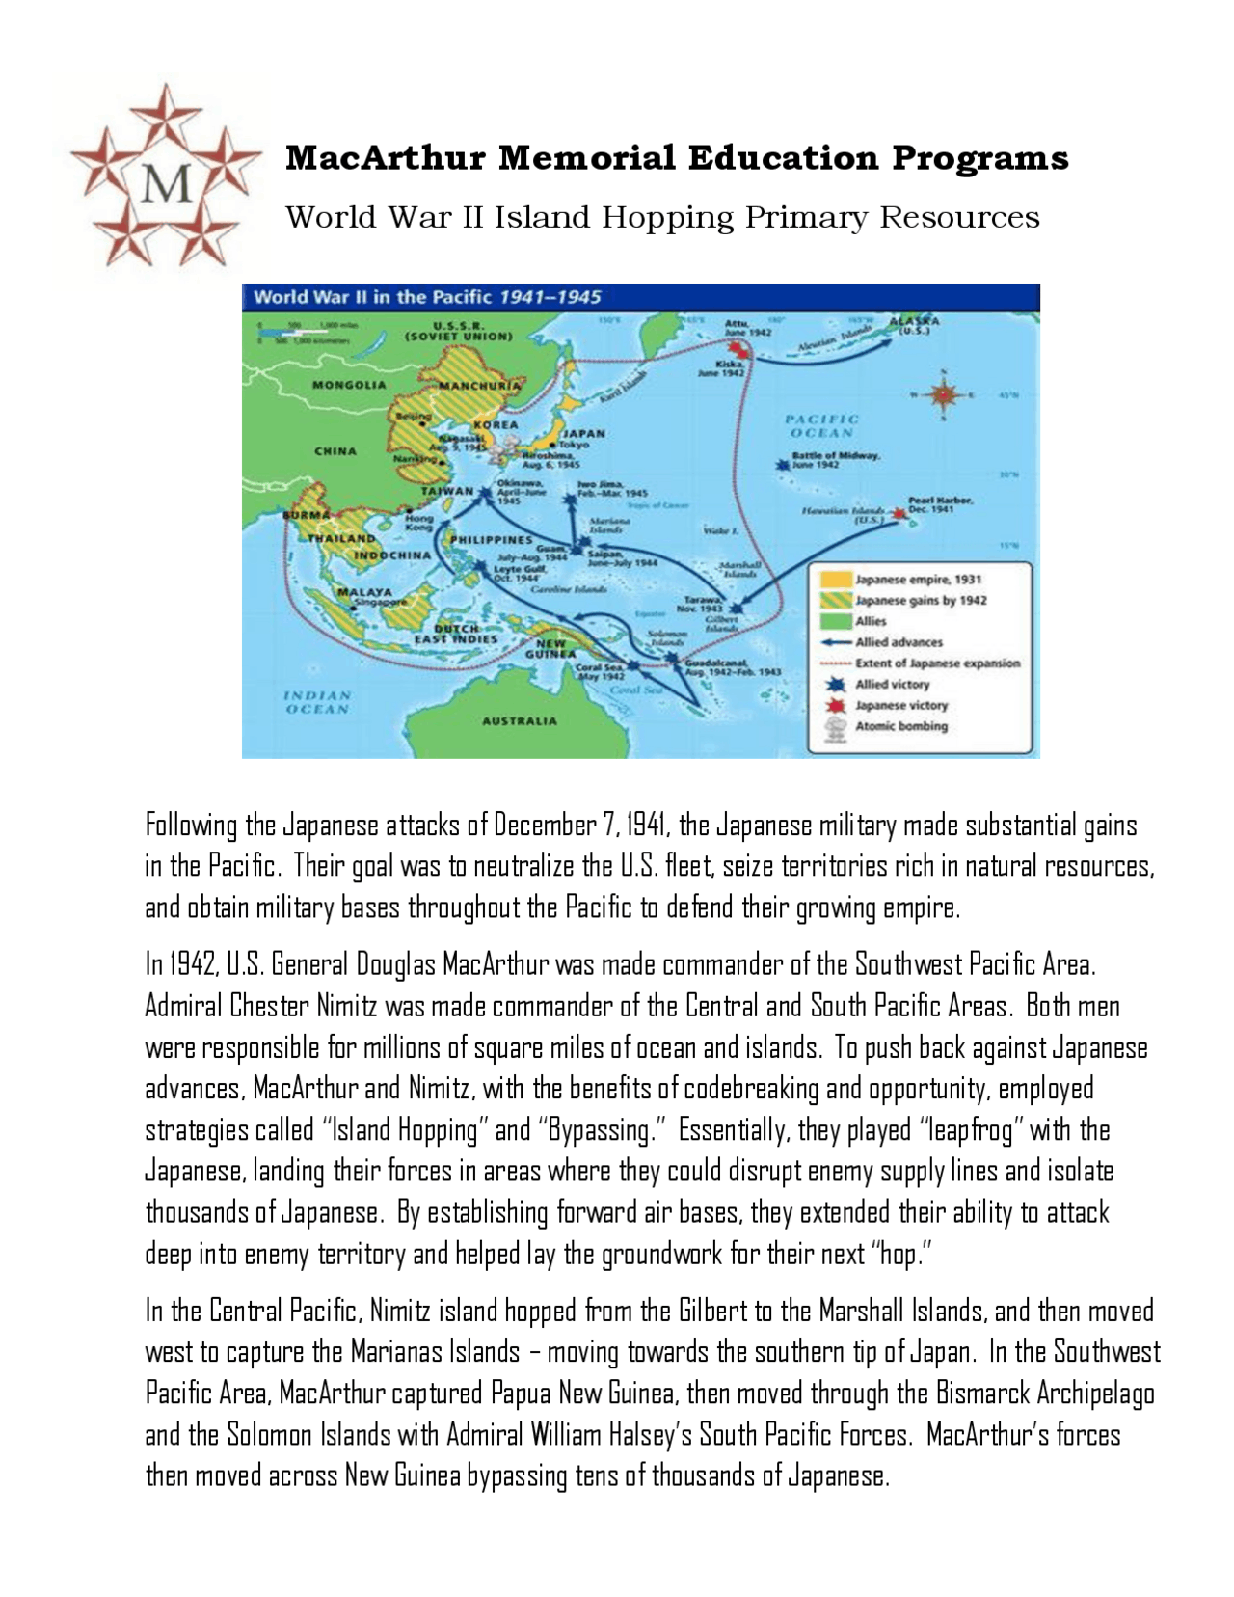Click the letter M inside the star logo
tap(166, 181)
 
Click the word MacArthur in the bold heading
tap(386, 157)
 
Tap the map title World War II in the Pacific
tap(372, 297)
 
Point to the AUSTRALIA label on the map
tap(520, 720)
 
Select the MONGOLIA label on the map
tap(348, 385)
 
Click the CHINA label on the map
tap(335, 450)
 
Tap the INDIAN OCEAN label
tap(317, 702)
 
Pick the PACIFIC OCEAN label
tap(821, 425)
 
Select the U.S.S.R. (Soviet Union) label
tap(458, 331)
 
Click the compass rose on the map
tap(942, 393)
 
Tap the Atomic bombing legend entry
tap(900, 726)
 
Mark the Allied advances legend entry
tap(899, 642)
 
